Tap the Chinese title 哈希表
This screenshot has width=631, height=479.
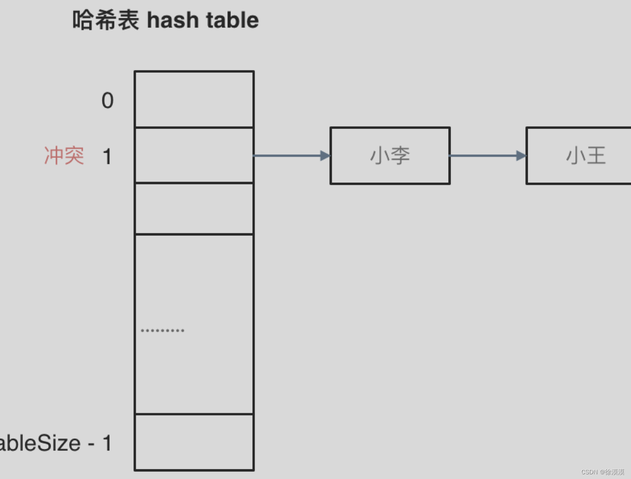[106, 20]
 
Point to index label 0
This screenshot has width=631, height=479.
[108, 100]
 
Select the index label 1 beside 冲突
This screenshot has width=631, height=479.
[107, 156]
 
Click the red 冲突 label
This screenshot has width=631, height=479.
[64, 156]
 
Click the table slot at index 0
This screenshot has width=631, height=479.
[194, 100]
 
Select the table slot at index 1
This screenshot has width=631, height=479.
[194, 156]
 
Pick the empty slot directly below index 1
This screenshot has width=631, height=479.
[194, 209]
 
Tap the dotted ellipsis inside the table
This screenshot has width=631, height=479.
[162, 330]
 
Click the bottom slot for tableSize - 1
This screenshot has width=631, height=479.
[194, 442]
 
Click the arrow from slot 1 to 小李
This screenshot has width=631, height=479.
[289, 156]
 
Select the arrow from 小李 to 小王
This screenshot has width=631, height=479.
[485, 156]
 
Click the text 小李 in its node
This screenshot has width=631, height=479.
[390, 156]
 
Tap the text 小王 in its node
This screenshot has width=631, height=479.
[586, 156]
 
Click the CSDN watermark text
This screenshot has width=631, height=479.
[603, 472]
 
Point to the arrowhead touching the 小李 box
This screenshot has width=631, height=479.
[325, 156]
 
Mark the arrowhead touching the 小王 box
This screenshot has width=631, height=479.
[522, 156]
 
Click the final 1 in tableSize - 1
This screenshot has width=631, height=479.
[107, 443]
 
